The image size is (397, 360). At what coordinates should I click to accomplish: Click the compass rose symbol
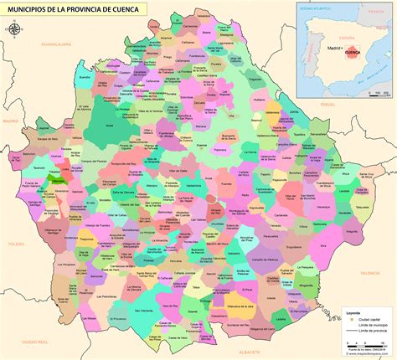[x=15, y=28]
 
